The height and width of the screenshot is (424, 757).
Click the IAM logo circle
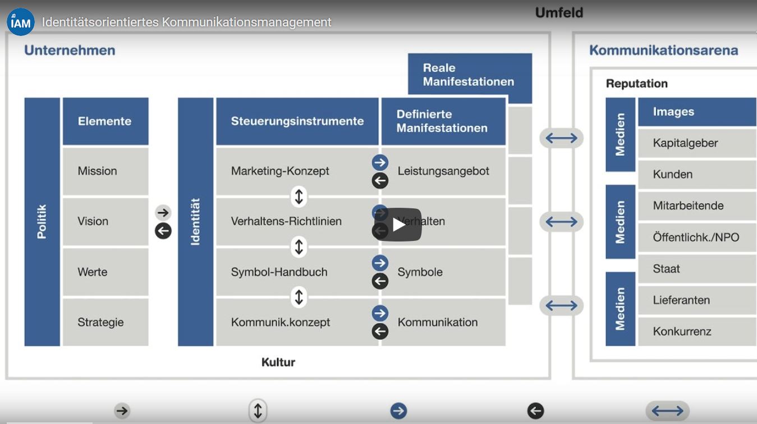click(21, 22)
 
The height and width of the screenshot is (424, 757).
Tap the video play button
click(398, 225)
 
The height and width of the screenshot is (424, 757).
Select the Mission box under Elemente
click(105, 171)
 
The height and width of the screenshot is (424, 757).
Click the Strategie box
click(105, 322)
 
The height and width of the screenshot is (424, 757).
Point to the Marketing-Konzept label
click(280, 171)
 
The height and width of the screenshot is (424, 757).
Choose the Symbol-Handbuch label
click(279, 272)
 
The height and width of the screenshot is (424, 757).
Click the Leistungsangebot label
click(443, 171)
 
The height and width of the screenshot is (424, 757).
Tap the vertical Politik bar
click(42, 222)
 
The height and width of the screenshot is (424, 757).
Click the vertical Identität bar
click(196, 222)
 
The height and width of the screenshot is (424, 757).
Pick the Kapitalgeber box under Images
click(697, 143)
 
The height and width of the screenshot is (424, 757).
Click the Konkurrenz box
click(697, 331)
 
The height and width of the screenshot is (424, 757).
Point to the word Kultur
click(278, 362)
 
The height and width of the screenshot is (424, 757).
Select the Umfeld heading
click(559, 13)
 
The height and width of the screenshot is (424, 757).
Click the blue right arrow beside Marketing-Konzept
click(380, 163)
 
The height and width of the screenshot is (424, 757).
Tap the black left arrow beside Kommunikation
click(380, 331)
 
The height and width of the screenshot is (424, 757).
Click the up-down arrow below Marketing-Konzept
click(299, 197)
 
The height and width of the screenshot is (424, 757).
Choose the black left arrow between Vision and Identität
click(163, 231)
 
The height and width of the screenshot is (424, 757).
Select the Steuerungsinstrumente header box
click(297, 121)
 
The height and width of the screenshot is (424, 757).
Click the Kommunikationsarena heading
click(664, 51)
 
